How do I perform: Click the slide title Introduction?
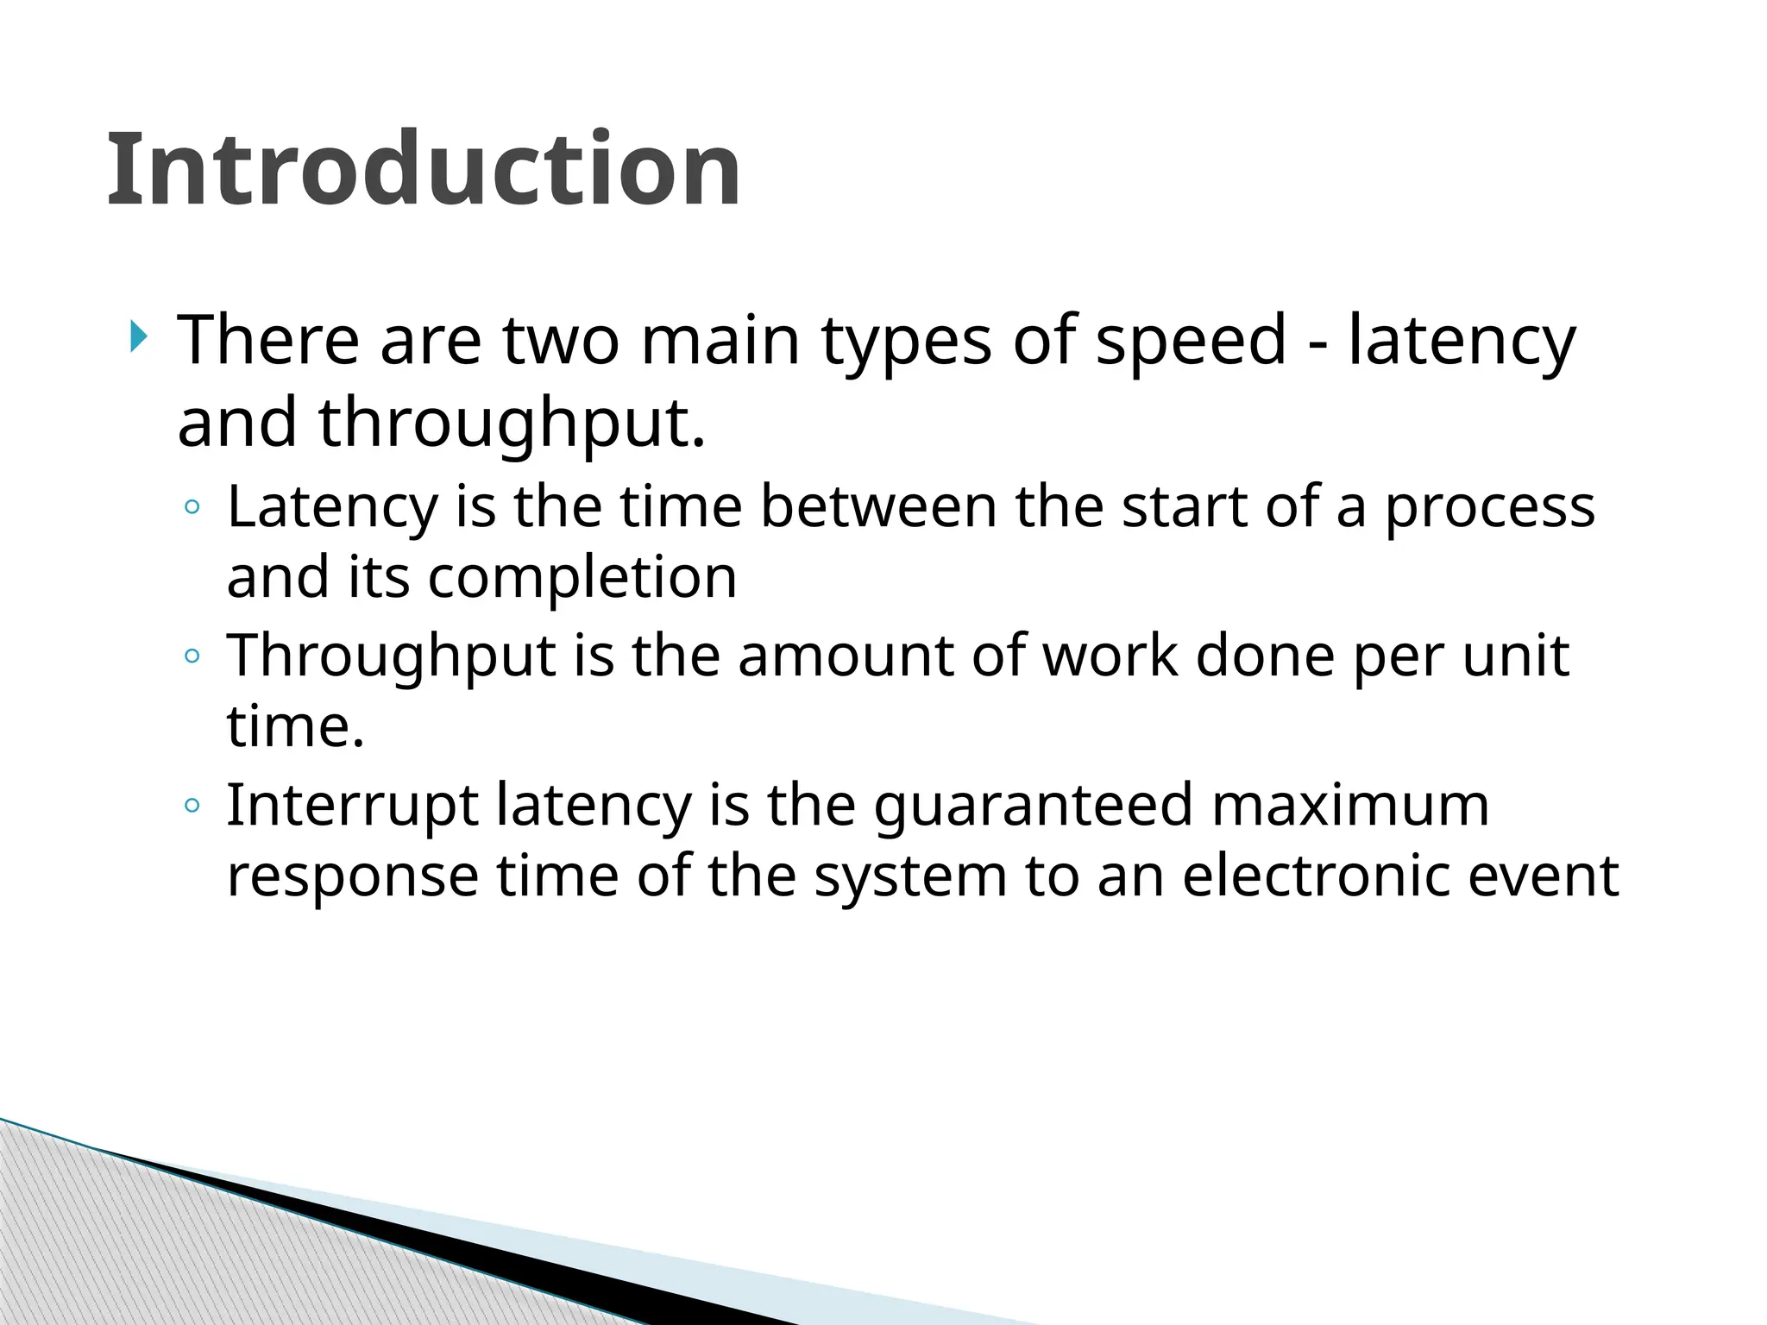tap(423, 169)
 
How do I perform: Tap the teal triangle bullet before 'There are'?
tap(138, 336)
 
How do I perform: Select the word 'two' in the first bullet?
tap(561, 341)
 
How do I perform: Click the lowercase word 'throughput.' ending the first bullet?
tap(512, 424)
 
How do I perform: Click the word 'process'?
tap(1490, 509)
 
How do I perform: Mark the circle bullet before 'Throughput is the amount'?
tap(192, 656)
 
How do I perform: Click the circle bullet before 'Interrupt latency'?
tap(192, 807)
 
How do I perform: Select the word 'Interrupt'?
tap(352, 807)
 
